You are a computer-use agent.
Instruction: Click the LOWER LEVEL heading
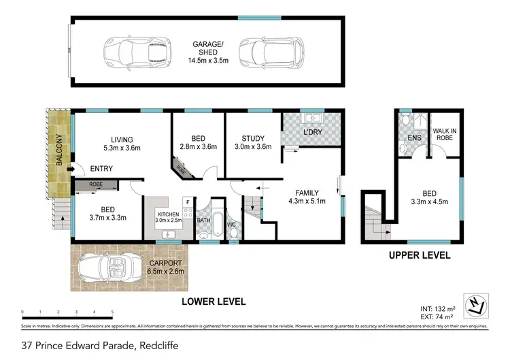tap(213, 301)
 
